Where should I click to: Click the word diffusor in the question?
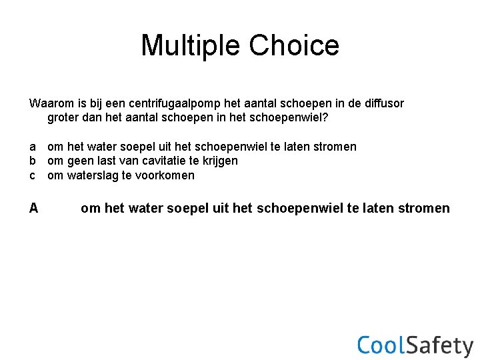[x=383, y=103]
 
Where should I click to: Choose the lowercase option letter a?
[x=33, y=147]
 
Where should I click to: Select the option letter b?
[x=33, y=161]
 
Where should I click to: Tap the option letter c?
[x=33, y=175]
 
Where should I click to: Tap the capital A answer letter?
[x=33, y=209]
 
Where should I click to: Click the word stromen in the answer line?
[x=424, y=209]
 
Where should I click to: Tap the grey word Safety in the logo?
[x=440, y=346]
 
